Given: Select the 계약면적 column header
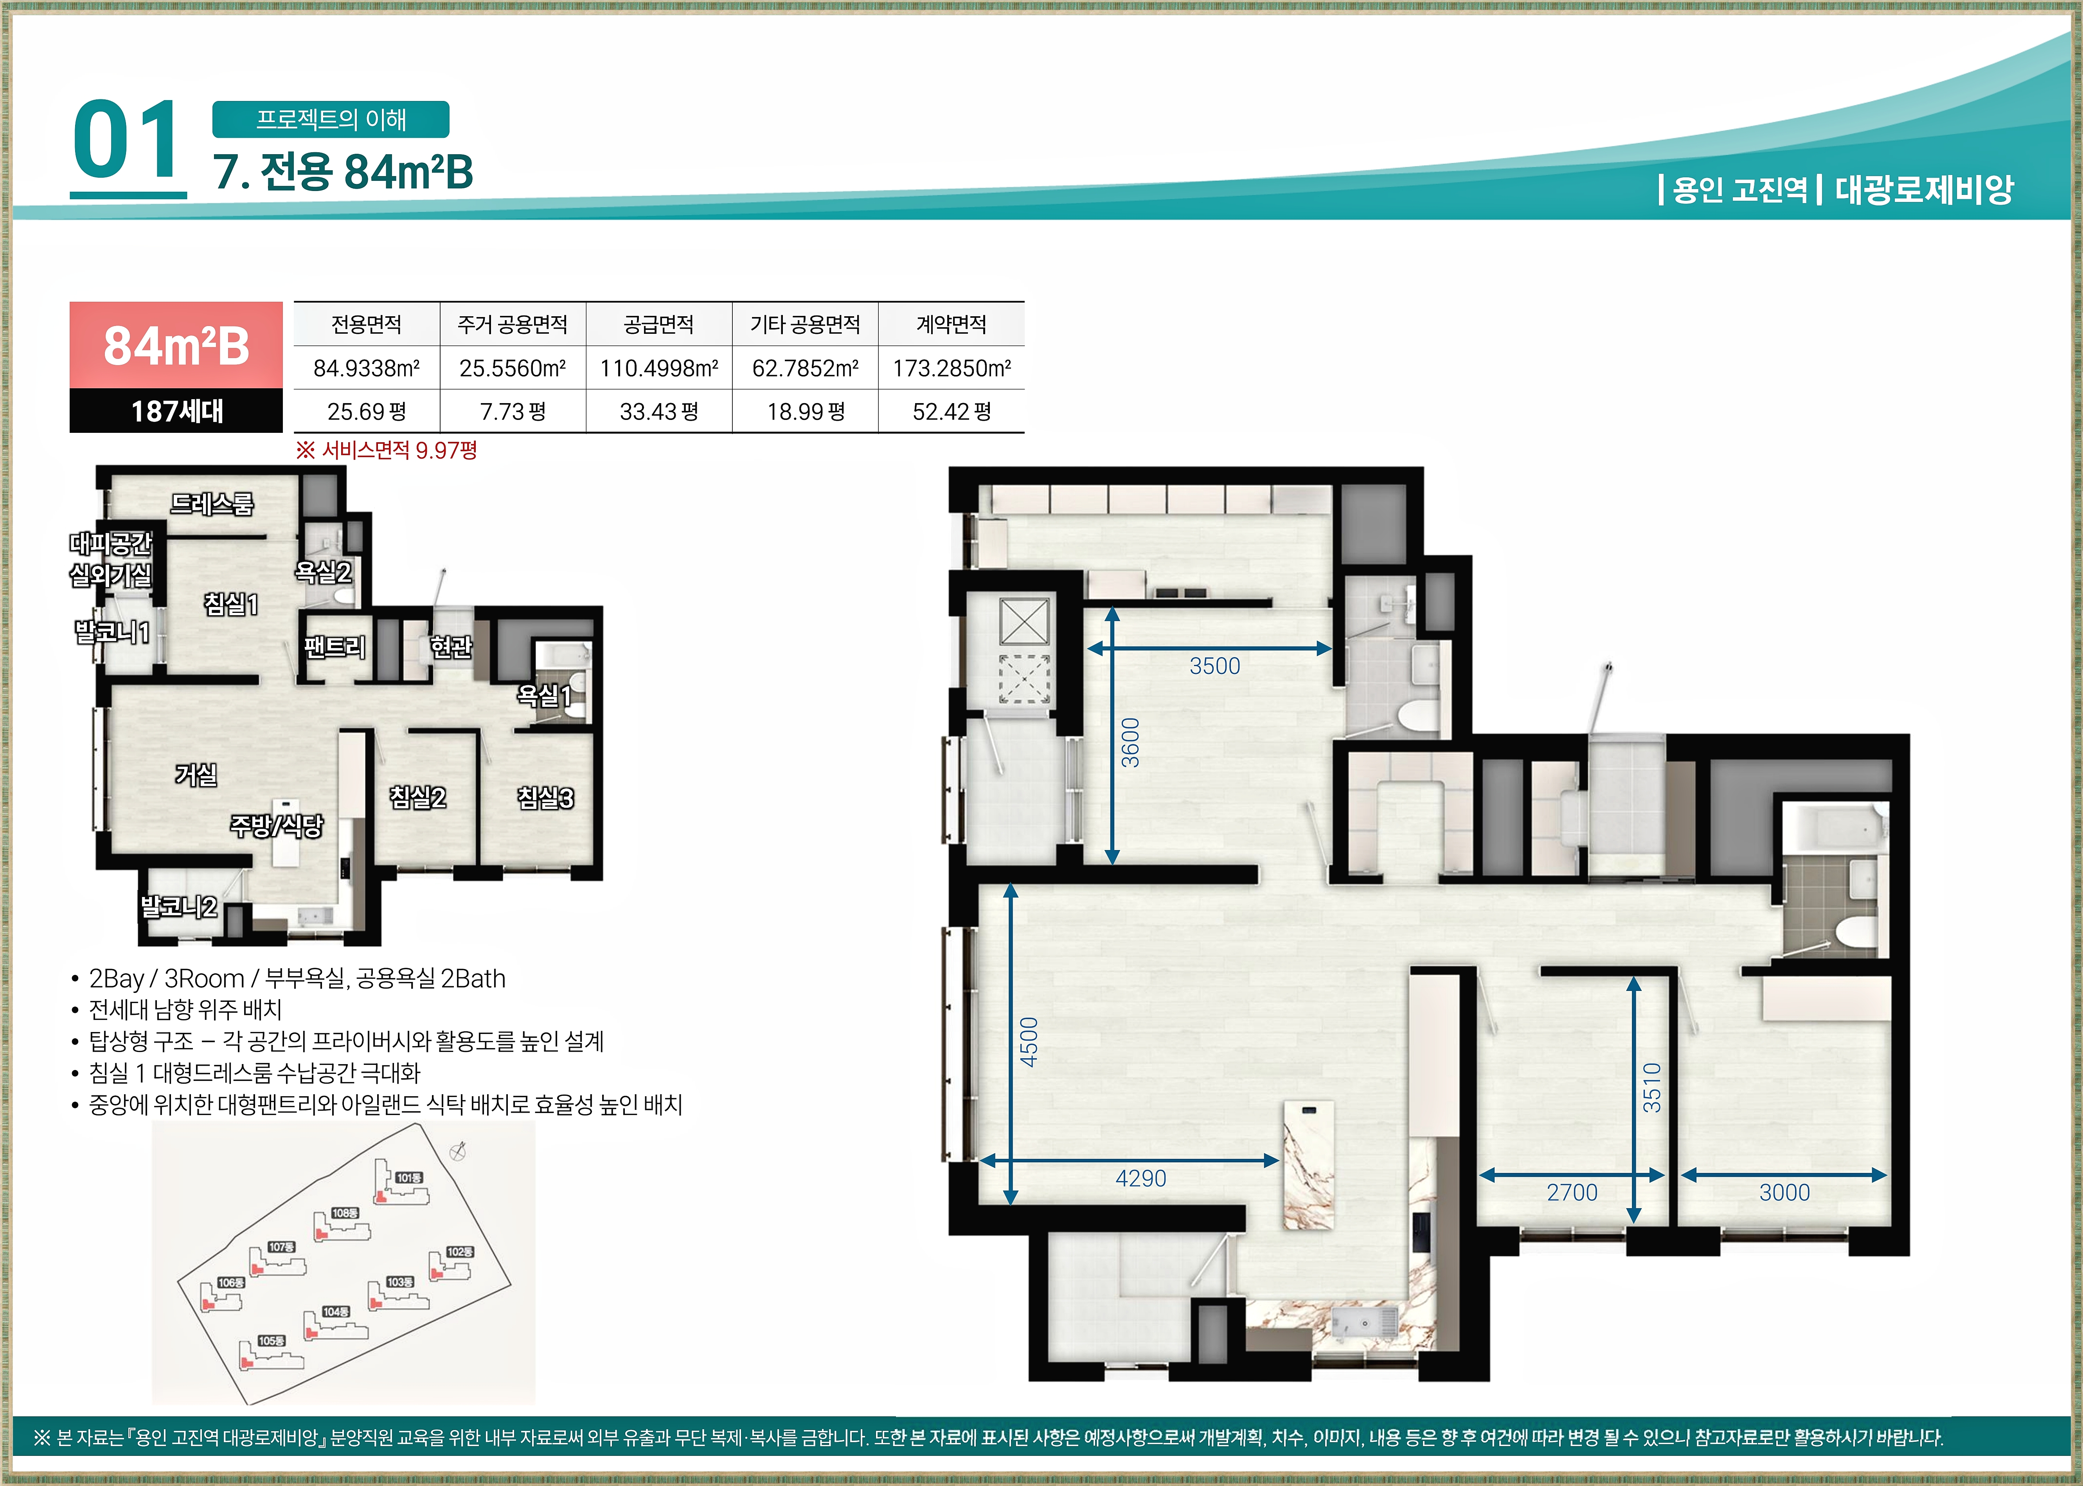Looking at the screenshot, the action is [x=952, y=324].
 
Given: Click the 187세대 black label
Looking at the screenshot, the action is [x=176, y=411].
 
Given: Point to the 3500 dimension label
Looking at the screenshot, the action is [x=1215, y=666].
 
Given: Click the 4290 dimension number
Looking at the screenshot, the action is [x=1141, y=1178].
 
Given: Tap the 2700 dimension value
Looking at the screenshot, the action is [x=1572, y=1192].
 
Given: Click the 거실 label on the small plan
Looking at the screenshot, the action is [x=197, y=775].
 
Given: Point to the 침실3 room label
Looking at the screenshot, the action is [x=546, y=798].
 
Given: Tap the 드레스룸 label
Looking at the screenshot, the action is [x=212, y=503].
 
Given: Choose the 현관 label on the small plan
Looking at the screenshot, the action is [x=451, y=647].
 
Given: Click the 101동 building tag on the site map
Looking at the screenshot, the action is [x=409, y=1178].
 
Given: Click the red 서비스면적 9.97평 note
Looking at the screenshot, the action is [x=386, y=450].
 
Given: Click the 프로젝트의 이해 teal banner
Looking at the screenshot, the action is [x=331, y=119].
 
